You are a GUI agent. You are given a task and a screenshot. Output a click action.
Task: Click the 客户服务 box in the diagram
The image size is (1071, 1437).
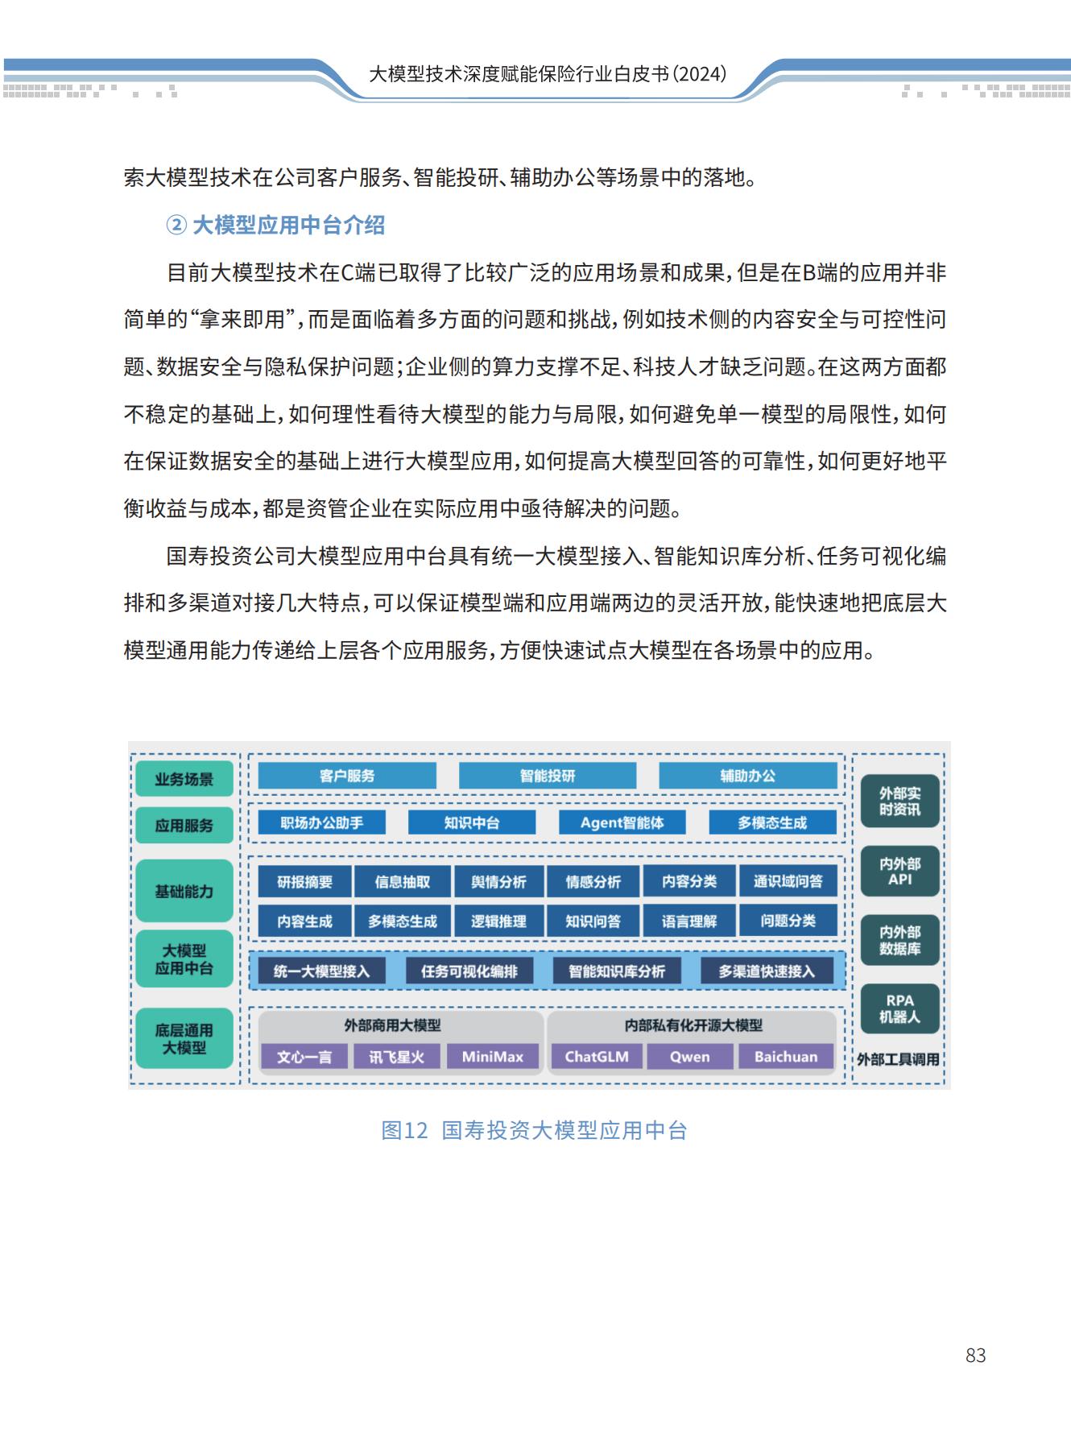[x=347, y=776]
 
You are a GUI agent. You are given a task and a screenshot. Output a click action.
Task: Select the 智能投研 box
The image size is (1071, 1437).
[x=548, y=776]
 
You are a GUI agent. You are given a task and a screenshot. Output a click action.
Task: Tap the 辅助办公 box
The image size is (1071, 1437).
[x=747, y=776]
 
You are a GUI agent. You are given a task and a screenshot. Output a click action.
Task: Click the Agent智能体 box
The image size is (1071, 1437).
[x=622, y=822]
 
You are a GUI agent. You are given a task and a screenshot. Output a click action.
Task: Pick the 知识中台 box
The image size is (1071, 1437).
[x=472, y=822]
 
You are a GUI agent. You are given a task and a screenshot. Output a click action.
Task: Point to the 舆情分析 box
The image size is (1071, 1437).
[x=498, y=882]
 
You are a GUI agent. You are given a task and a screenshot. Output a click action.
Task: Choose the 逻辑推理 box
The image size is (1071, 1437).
[x=498, y=921]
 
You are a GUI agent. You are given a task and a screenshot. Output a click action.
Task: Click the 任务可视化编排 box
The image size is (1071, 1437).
[x=469, y=971]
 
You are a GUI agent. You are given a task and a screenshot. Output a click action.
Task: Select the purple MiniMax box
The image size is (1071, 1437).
[x=492, y=1057]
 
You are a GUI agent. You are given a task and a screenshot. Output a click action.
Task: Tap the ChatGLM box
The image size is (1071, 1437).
[x=597, y=1057]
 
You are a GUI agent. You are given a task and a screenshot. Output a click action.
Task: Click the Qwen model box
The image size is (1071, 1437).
[x=690, y=1057]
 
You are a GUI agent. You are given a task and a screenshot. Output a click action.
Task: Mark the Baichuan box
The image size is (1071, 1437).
[x=785, y=1057]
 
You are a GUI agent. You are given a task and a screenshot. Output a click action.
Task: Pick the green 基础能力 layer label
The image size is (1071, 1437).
[x=184, y=892]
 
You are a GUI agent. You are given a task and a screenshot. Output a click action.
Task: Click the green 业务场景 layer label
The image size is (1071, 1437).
[x=184, y=779]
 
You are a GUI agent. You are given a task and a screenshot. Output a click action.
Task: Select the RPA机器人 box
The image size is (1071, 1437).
[x=899, y=1008]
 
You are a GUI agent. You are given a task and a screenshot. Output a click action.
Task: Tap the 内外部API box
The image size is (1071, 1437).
[x=899, y=871]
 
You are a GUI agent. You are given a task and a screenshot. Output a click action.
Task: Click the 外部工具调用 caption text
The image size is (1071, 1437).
[x=898, y=1059]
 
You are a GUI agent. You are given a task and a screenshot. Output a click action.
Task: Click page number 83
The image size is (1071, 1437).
[x=975, y=1356]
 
